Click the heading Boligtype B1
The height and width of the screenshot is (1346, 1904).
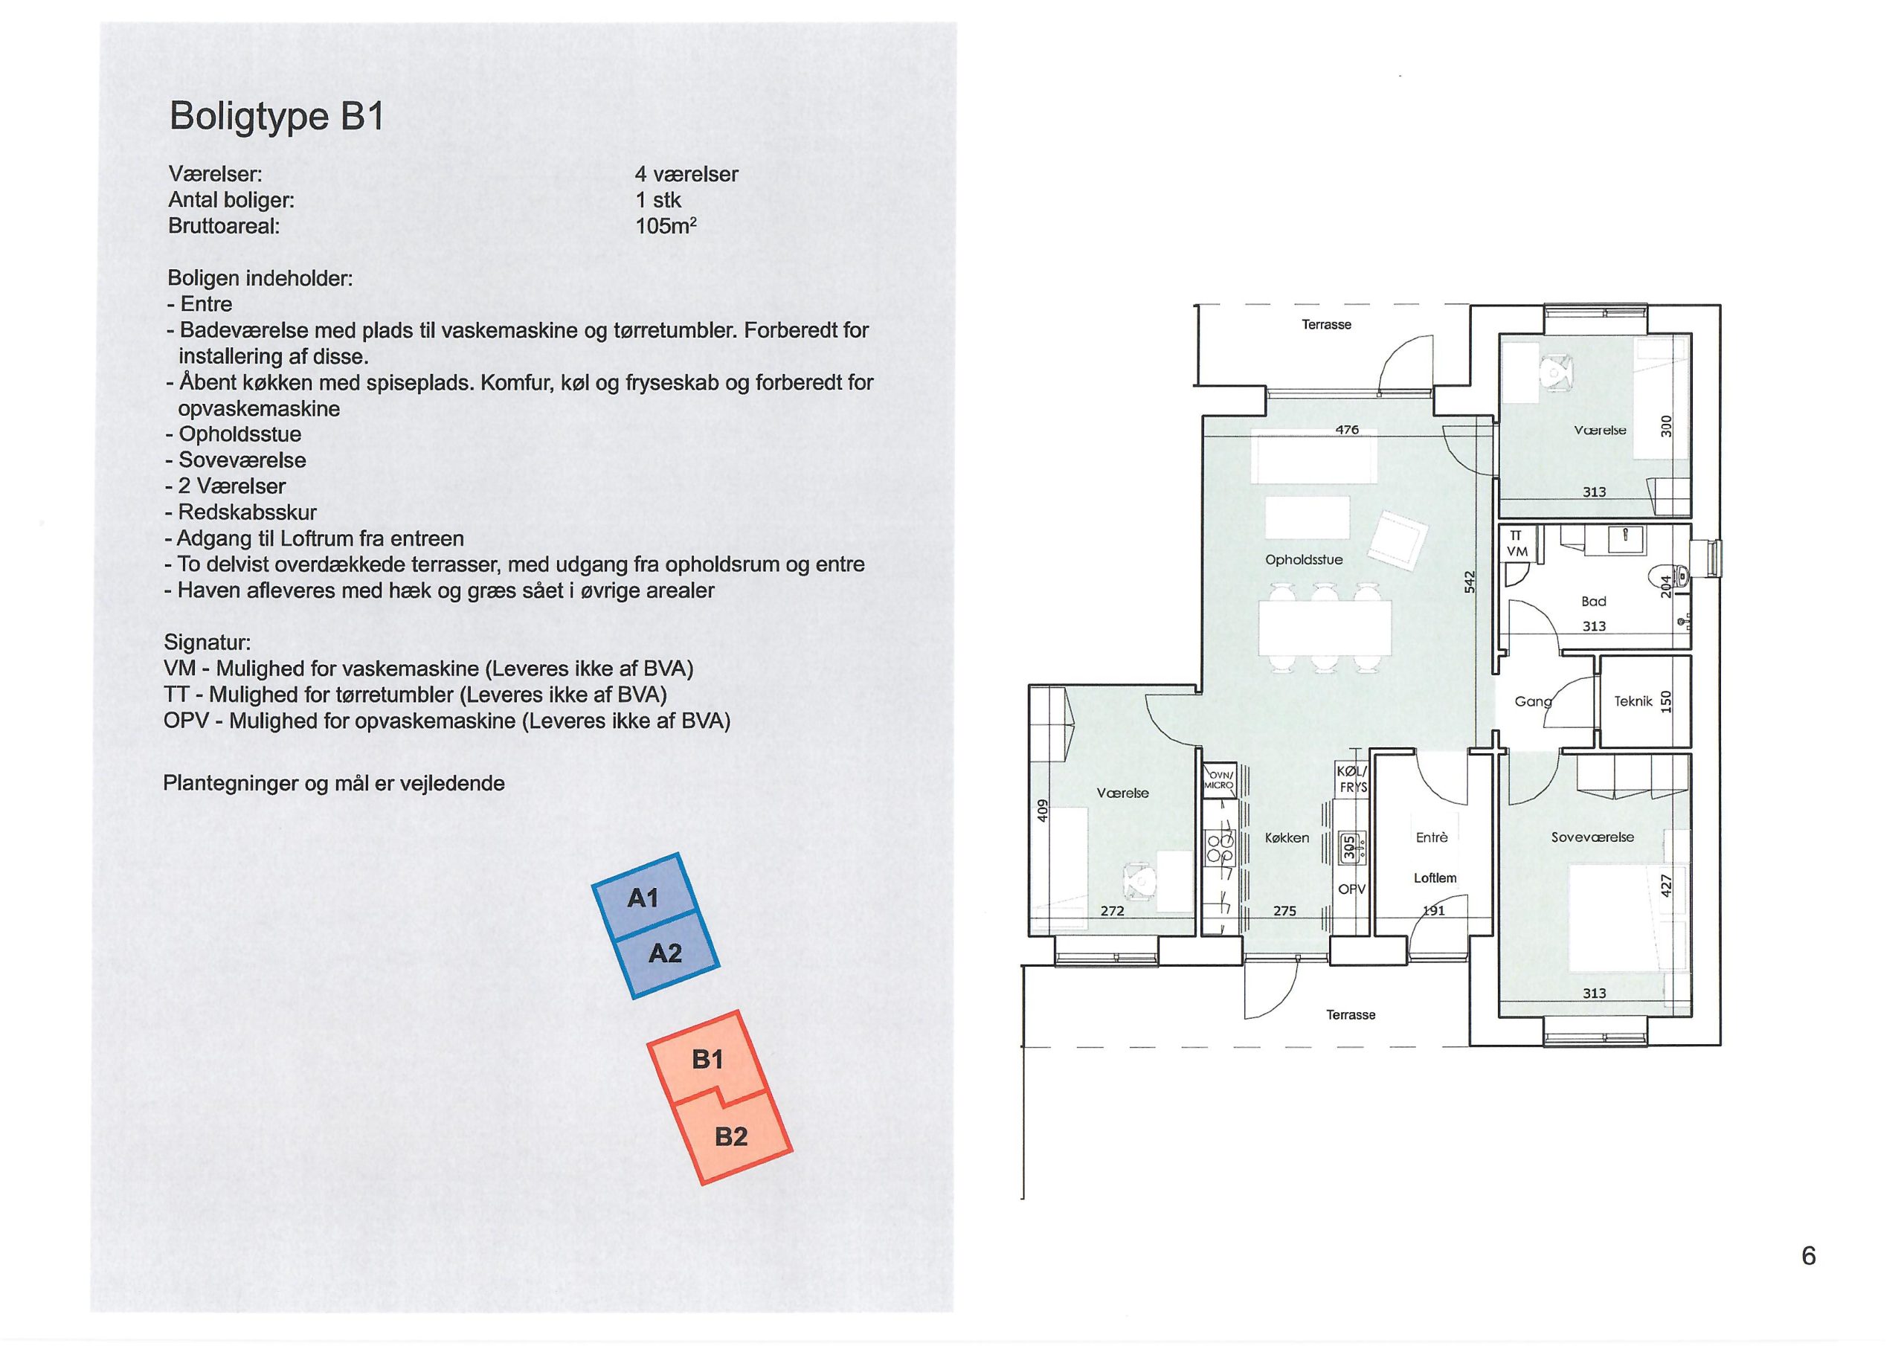point(277,117)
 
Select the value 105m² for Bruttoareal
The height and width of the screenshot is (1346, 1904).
point(666,225)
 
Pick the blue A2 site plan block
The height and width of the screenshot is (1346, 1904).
point(666,953)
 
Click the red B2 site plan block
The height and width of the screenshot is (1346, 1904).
point(731,1135)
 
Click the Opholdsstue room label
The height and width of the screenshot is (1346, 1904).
point(1304,560)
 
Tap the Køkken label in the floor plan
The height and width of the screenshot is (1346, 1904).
point(1287,838)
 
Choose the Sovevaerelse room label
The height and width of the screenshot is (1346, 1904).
point(1592,837)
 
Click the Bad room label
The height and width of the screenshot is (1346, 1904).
point(1594,602)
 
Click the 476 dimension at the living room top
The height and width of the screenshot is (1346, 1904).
point(1348,430)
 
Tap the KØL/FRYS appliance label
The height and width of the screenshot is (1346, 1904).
point(1351,779)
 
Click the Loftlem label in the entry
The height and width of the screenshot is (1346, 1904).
point(1435,878)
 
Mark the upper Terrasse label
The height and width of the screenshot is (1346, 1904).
point(1326,325)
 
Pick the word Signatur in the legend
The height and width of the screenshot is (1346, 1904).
point(208,643)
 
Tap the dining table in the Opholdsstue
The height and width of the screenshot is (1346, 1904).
point(1325,627)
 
